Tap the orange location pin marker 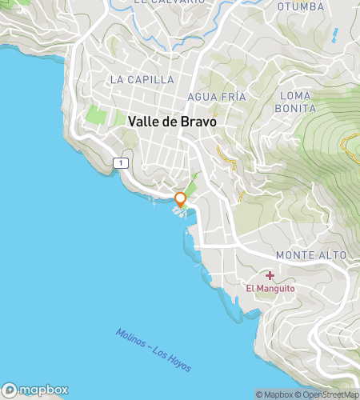point(181,200)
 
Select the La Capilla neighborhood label point(142,79)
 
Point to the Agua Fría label point(215,96)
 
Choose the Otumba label point(300,6)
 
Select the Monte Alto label point(311,254)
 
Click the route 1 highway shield point(120,162)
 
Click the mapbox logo point(34,390)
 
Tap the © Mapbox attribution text point(274,394)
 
